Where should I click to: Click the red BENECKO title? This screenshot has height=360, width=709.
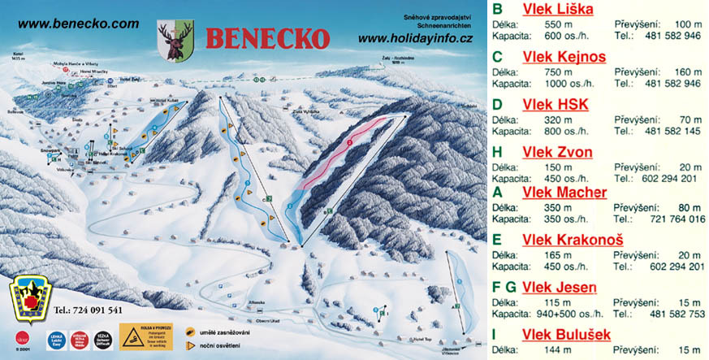[x=268, y=37]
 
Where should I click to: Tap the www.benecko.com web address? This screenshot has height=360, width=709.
[x=78, y=24]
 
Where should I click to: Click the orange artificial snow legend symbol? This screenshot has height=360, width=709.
[x=188, y=331]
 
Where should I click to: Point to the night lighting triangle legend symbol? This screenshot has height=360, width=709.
[x=188, y=345]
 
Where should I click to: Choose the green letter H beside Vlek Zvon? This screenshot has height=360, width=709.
[x=498, y=152]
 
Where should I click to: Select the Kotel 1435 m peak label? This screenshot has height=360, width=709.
[x=21, y=58]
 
